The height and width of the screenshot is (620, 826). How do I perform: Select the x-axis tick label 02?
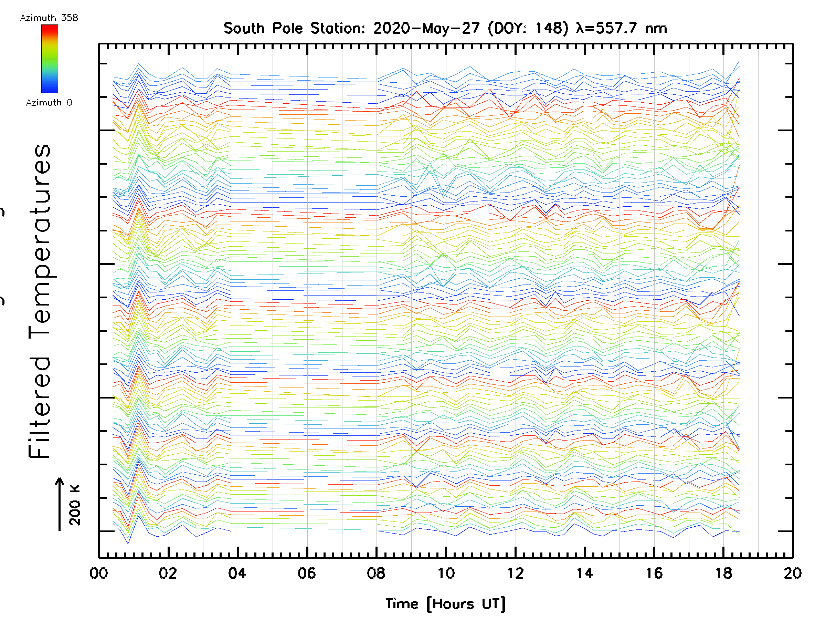[x=168, y=573]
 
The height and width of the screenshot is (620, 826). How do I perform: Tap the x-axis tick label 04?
[x=237, y=573]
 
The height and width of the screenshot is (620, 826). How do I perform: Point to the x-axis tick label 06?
[x=307, y=573]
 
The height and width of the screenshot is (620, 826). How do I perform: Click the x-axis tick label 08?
[x=376, y=573]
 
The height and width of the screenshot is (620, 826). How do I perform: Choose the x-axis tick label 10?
[x=446, y=573]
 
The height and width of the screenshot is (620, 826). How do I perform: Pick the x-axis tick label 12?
[x=515, y=573]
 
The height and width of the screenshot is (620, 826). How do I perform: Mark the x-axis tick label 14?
[x=585, y=573]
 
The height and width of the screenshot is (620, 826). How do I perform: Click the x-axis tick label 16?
[x=654, y=573]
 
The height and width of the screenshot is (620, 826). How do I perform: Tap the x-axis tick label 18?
[x=724, y=573]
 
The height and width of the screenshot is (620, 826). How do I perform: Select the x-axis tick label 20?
[x=792, y=573]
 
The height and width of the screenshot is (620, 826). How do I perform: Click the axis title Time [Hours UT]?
[x=445, y=604]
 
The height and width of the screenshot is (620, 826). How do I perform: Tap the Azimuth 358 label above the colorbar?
[x=49, y=18]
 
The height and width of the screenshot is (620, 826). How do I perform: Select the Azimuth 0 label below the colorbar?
[x=49, y=102]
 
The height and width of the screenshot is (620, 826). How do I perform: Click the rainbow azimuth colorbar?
[x=50, y=59]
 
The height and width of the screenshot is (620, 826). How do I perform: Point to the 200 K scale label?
[x=75, y=505]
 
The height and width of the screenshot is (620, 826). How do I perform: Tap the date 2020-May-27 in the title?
[x=426, y=28]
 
